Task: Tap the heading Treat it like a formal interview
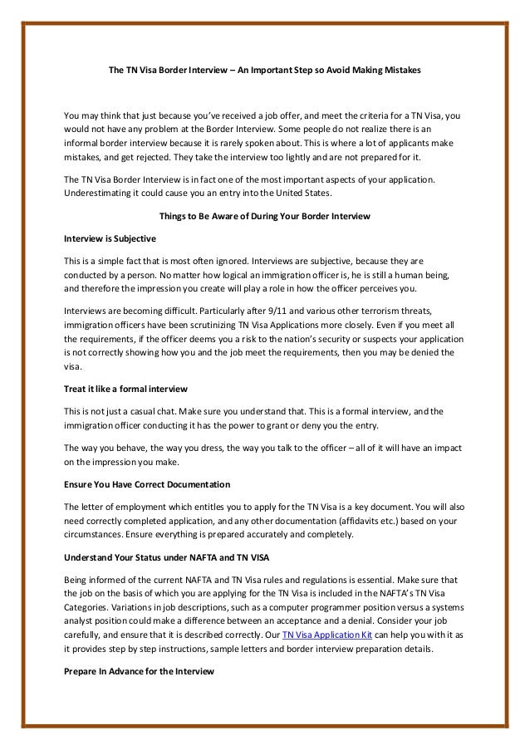(x=125, y=388)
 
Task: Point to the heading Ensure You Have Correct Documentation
(x=147, y=483)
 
